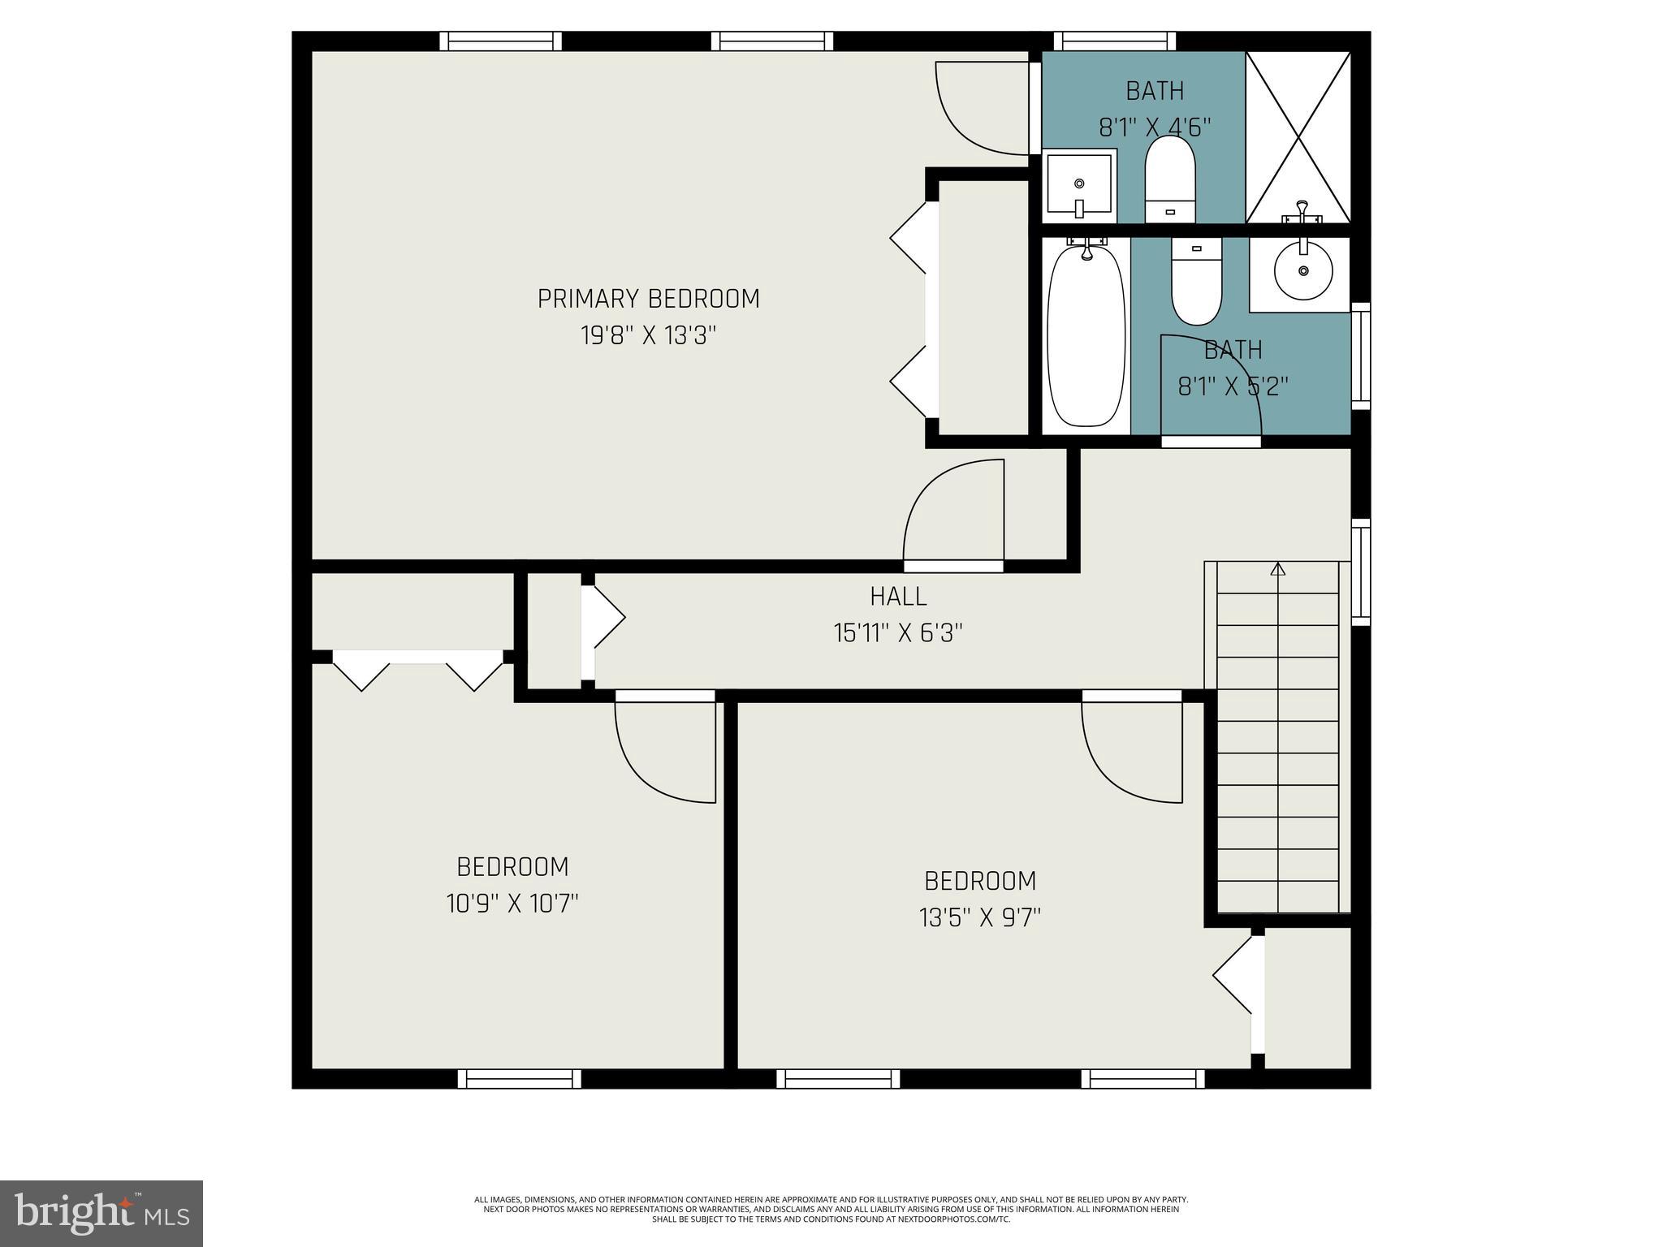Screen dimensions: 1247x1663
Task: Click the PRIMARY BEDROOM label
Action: [x=648, y=299]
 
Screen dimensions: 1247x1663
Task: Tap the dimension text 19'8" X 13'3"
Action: [x=648, y=335]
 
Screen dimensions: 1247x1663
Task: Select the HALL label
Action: [x=898, y=597]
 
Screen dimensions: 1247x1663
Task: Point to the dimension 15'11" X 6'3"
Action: [x=898, y=633]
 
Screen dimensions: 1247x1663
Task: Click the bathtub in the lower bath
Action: [x=1086, y=335]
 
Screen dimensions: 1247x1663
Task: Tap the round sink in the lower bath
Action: [x=1303, y=270]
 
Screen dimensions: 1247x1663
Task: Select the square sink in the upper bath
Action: [x=1079, y=185]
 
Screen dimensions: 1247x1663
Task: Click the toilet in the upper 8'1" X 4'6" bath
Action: [x=1170, y=179]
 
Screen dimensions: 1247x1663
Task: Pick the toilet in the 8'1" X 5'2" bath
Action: [x=1196, y=282]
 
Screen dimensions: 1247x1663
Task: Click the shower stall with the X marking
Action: [x=1298, y=136]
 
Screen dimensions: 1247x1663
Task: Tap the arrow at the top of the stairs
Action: [x=1278, y=569]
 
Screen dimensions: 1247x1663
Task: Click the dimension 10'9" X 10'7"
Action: [x=512, y=903]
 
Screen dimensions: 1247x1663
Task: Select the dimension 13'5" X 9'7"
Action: [x=980, y=917]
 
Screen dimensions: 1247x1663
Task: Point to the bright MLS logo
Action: [x=102, y=1213]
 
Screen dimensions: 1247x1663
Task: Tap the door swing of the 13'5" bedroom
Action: [x=1132, y=751]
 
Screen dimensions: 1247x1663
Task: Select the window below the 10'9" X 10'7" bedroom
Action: [x=520, y=1078]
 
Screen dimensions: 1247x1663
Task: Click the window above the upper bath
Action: [x=1115, y=41]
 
